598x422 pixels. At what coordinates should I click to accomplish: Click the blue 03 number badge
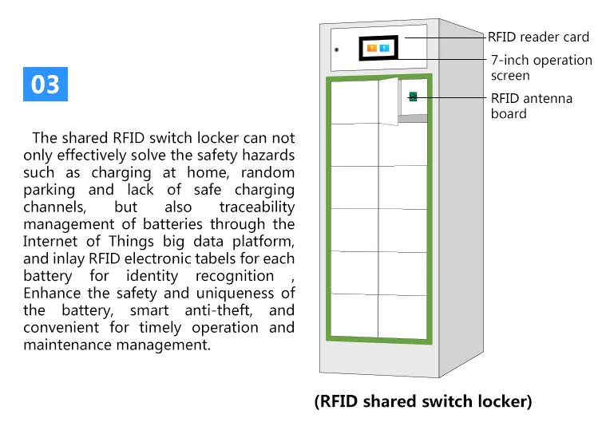[46, 85]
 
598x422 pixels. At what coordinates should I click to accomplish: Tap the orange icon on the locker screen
[372, 48]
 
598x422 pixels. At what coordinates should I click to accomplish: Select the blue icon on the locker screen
[385, 48]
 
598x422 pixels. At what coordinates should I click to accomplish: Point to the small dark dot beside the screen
[336, 50]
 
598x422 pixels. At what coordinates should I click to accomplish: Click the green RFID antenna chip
[413, 97]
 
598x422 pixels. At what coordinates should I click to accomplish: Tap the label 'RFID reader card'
[538, 37]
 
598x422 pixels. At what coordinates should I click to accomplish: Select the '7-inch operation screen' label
[541, 68]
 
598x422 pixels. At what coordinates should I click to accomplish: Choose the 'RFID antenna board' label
[531, 106]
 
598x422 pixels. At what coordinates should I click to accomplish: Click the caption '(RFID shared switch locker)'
[423, 401]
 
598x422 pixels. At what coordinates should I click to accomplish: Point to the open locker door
[388, 101]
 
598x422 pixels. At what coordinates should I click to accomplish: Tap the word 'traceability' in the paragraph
[256, 207]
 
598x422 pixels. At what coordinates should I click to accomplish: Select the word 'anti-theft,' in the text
[219, 310]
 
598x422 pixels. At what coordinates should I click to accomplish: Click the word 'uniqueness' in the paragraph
[235, 294]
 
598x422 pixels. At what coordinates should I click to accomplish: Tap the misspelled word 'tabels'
[216, 258]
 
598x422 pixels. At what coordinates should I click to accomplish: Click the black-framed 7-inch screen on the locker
[378, 48]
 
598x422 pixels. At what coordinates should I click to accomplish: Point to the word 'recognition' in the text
[235, 276]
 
